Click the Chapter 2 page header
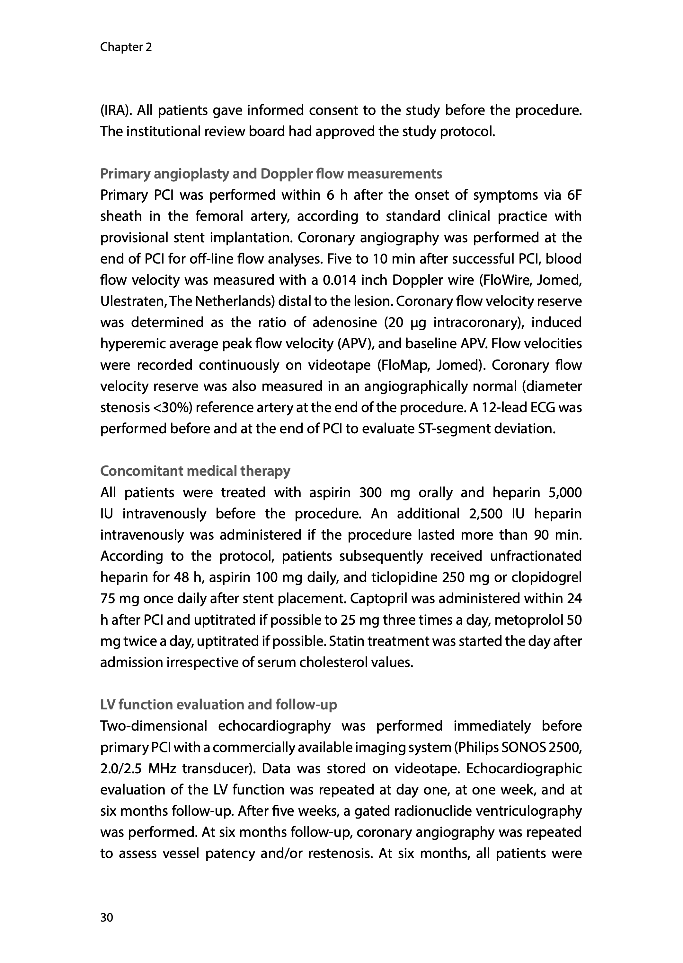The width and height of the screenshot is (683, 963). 126,47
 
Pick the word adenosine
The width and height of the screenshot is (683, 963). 344,323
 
